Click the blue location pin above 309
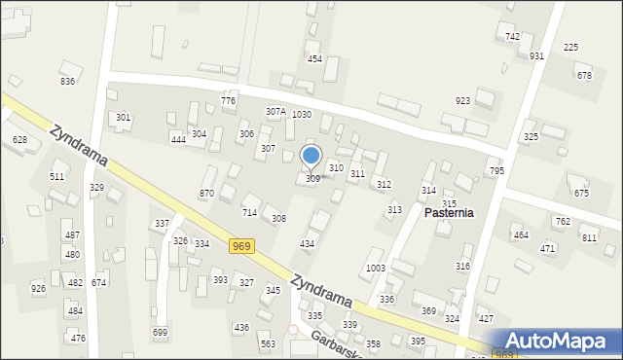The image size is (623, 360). (311, 157)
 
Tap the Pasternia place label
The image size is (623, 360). (449, 211)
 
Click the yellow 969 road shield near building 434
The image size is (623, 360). (242, 246)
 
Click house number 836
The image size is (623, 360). (67, 81)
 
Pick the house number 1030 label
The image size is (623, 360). (302, 114)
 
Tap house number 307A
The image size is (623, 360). (275, 112)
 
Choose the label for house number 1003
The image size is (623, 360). (376, 268)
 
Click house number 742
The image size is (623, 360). (512, 36)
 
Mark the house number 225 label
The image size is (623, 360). (571, 47)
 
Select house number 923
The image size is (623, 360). (462, 100)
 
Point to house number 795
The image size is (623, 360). (496, 171)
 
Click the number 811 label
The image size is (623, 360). (589, 237)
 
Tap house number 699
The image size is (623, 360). (161, 333)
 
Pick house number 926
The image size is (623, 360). (38, 288)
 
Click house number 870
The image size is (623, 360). (206, 194)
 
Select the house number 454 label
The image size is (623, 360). (314, 59)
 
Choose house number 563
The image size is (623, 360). (266, 343)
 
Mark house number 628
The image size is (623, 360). (19, 140)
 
